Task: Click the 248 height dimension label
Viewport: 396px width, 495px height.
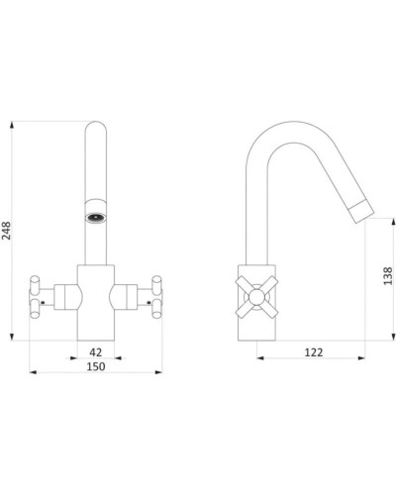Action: pos(6,231)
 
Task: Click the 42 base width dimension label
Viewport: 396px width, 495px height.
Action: pos(96,352)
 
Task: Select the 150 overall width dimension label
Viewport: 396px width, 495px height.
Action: pos(96,366)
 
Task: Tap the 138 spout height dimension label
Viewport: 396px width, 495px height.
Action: pos(388,276)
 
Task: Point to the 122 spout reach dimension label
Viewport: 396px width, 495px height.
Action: pos(314,352)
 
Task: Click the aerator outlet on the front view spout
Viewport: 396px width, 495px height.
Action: pos(96,218)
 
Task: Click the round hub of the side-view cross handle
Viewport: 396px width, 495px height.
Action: pos(256,297)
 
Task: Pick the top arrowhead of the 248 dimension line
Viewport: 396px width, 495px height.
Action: pos(12,125)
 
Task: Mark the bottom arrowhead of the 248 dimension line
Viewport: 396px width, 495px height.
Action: pos(12,337)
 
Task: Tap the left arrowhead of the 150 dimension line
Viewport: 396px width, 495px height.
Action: pos(33,372)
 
